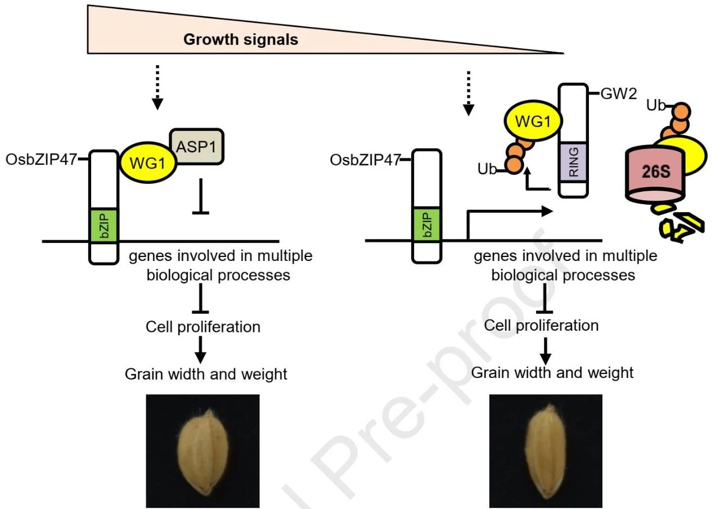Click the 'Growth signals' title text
pyautogui.click(x=241, y=40)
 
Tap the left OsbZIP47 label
pyautogui.click(x=40, y=160)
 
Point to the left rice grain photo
pyautogui.click(x=202, y=451)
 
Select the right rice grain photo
pyautogui.click(x=546, y=451)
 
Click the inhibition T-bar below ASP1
pyautogui.click(x=201, y=196)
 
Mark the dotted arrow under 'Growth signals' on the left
pyautogui.click(x=158, y=87)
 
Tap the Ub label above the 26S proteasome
pyautogui.click(x=656, y=105)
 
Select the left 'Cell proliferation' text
pyautogui.click(x=202, y=327)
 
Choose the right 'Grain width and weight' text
pyautogui.click(x=552, y=372)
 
